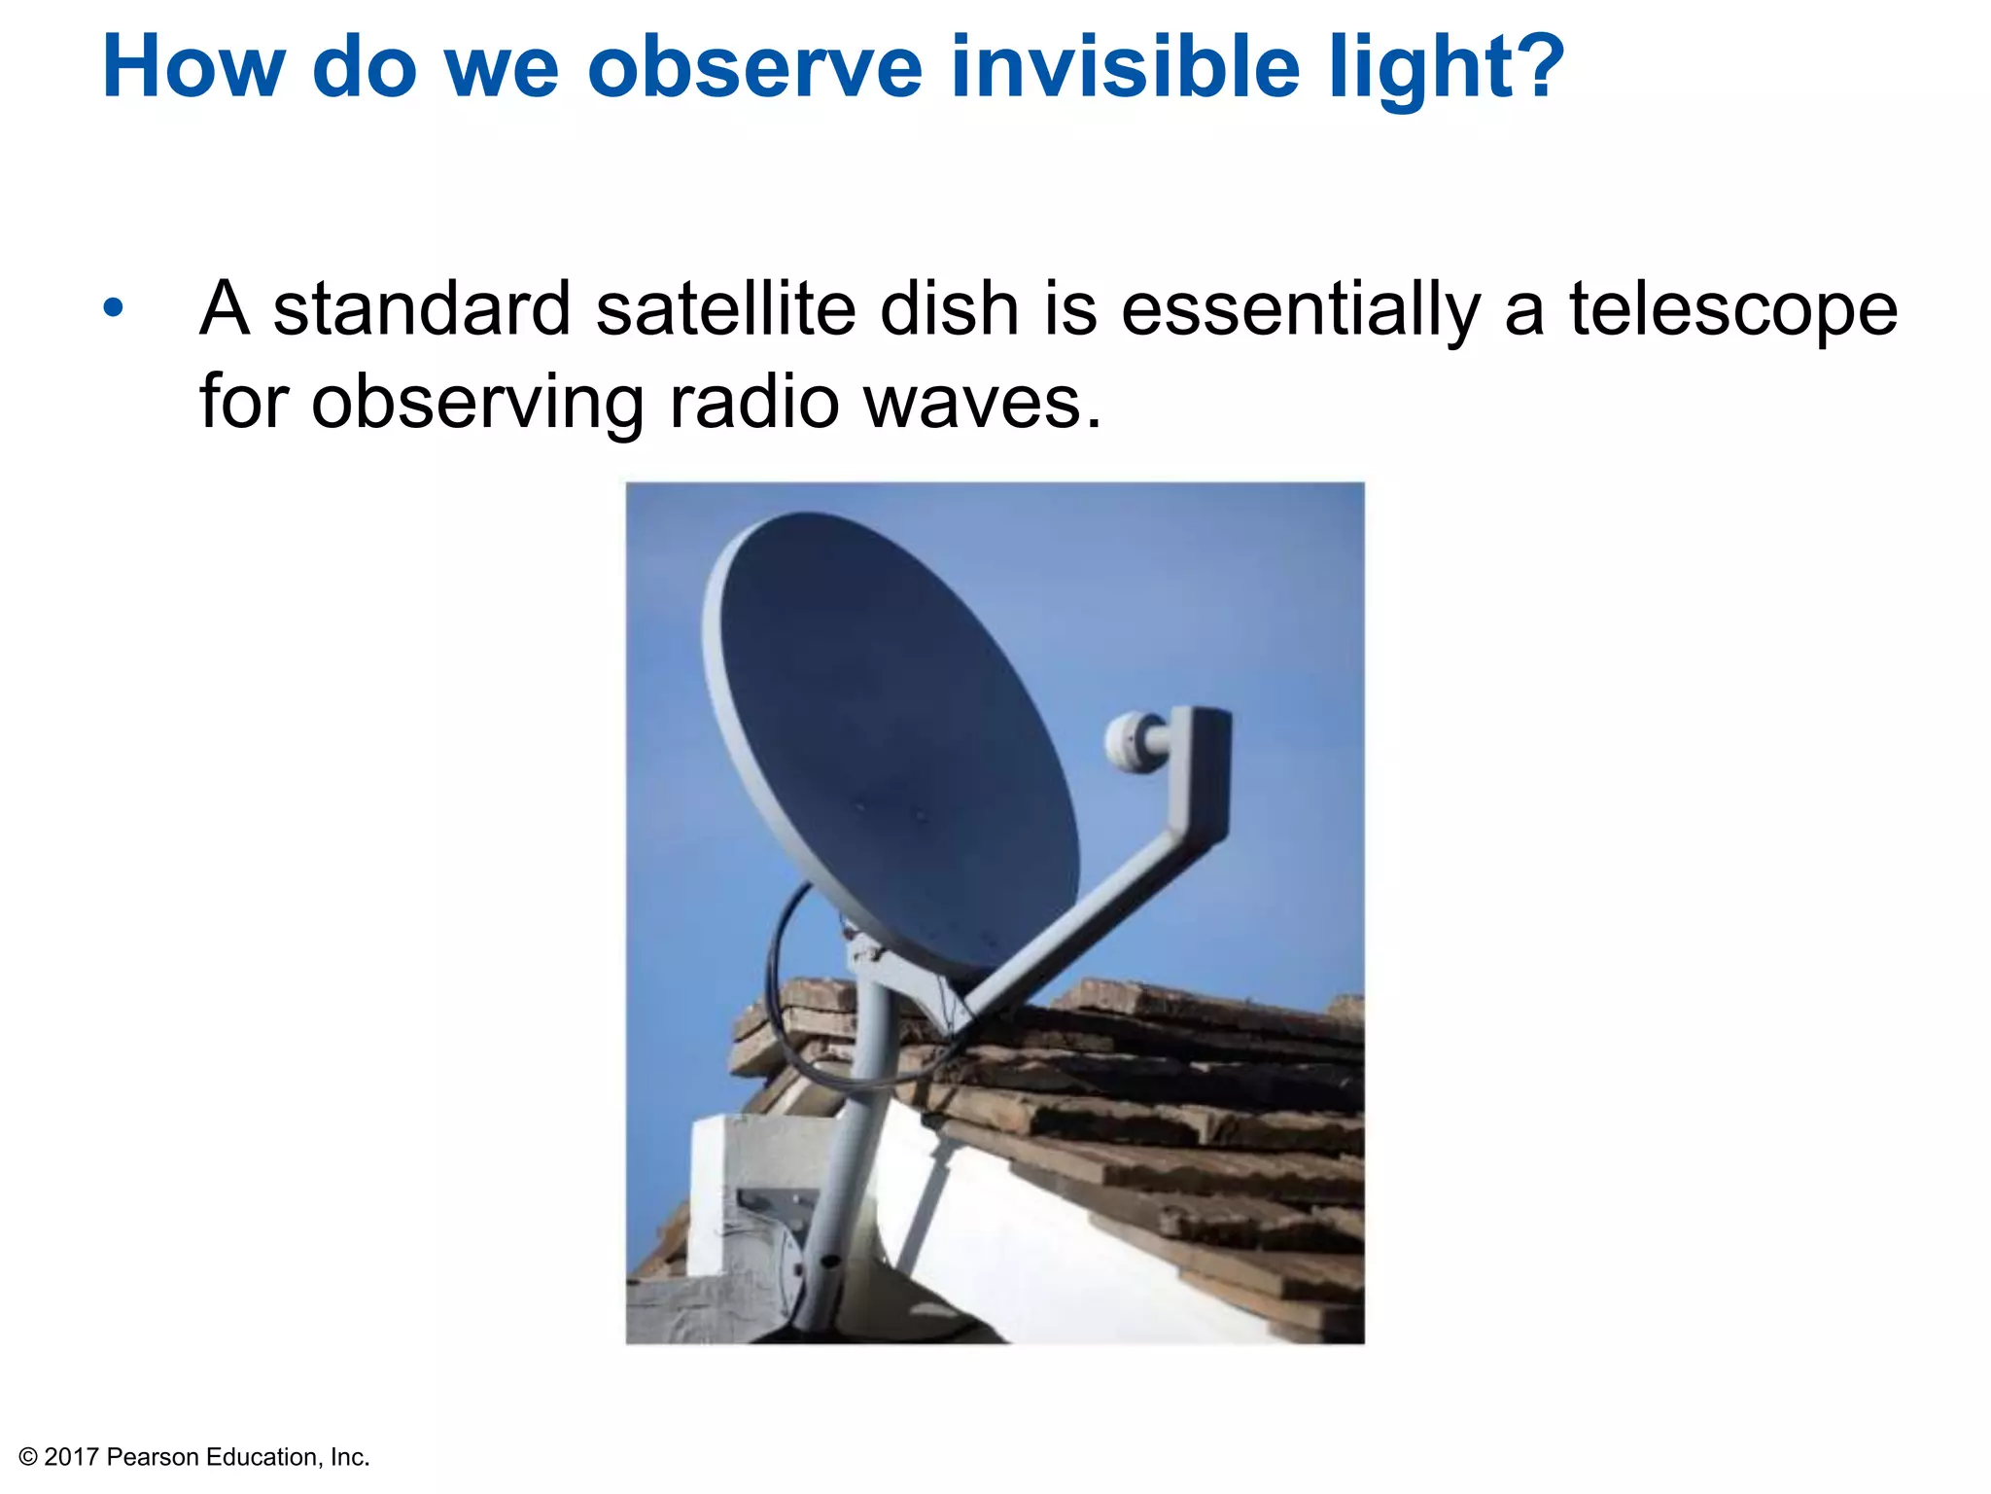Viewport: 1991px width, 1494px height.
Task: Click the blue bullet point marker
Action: pyautogui.click(x=114, y=308)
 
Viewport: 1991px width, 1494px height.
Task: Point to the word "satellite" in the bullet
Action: pyautogui.click(x=725, y=308)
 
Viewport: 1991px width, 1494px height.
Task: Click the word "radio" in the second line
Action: pyautogui.click(x=754, y=402)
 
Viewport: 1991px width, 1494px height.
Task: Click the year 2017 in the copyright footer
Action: pyautogui.click(x=72, y=1457)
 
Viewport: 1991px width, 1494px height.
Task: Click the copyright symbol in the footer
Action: pyautogui.click(x=28, y=1457)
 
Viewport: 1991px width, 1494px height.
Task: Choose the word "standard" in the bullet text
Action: pyautogui.click(x=421, y=308)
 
